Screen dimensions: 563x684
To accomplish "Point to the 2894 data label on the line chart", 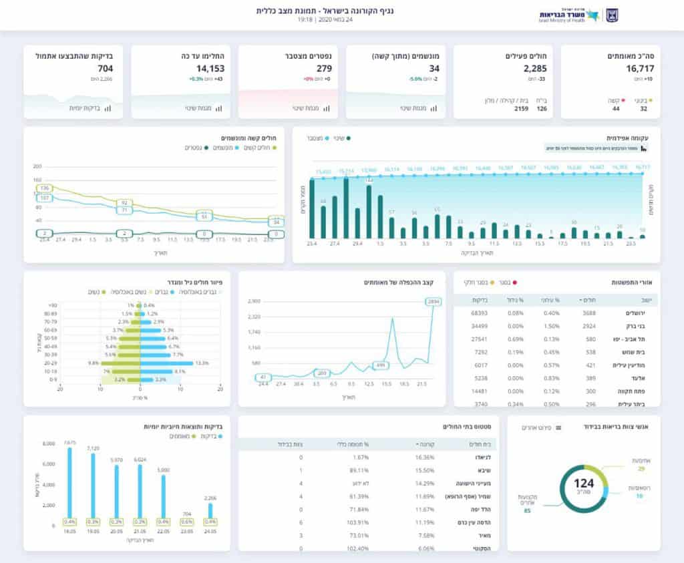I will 434,302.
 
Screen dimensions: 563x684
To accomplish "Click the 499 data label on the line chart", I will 380,365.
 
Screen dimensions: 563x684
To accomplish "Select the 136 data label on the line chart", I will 45,189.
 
